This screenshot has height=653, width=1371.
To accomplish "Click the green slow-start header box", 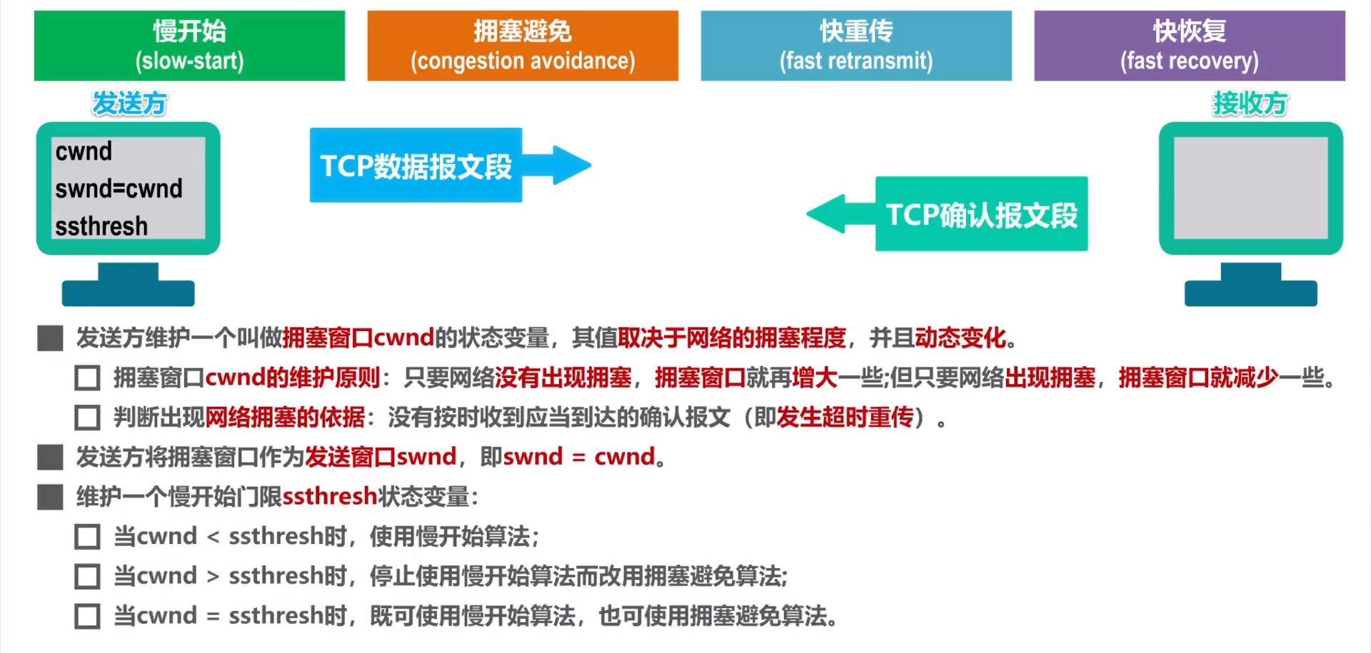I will [x=189, y=45].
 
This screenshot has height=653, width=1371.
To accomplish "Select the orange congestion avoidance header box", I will [x=523, y=45].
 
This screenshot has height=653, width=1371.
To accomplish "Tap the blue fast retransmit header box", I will [x=856, y=45].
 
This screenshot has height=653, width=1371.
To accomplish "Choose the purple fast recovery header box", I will [x=1190, y=45].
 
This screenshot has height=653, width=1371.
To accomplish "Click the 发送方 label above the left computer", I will [x=129, y=103].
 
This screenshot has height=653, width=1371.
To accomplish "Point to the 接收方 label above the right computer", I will [x=1250, y=103].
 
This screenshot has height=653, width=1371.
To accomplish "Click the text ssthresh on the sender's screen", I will [x=101, y=226].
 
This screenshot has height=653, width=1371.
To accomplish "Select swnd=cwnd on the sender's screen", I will [x=119, y=188].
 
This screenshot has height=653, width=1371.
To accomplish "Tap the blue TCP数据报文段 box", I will [x=416, y=166].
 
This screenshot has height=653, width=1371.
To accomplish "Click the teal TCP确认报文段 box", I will [x=981, y=214].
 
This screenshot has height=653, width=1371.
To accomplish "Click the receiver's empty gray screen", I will [x=1250, y=188].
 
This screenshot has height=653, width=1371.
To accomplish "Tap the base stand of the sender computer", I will [x=128, y=291].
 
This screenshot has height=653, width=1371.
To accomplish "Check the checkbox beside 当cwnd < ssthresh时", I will [x=87, y=537].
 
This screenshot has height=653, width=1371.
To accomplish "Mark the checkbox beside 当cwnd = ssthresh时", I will [x=87, y=616].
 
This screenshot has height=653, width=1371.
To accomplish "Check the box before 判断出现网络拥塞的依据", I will [x=87, y=417].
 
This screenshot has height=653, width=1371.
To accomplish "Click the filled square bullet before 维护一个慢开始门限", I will [x=50, y=497].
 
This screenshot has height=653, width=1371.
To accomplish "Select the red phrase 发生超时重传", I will [x=845, y=417].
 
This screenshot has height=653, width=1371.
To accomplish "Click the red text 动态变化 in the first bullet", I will [x=960, y=338].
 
